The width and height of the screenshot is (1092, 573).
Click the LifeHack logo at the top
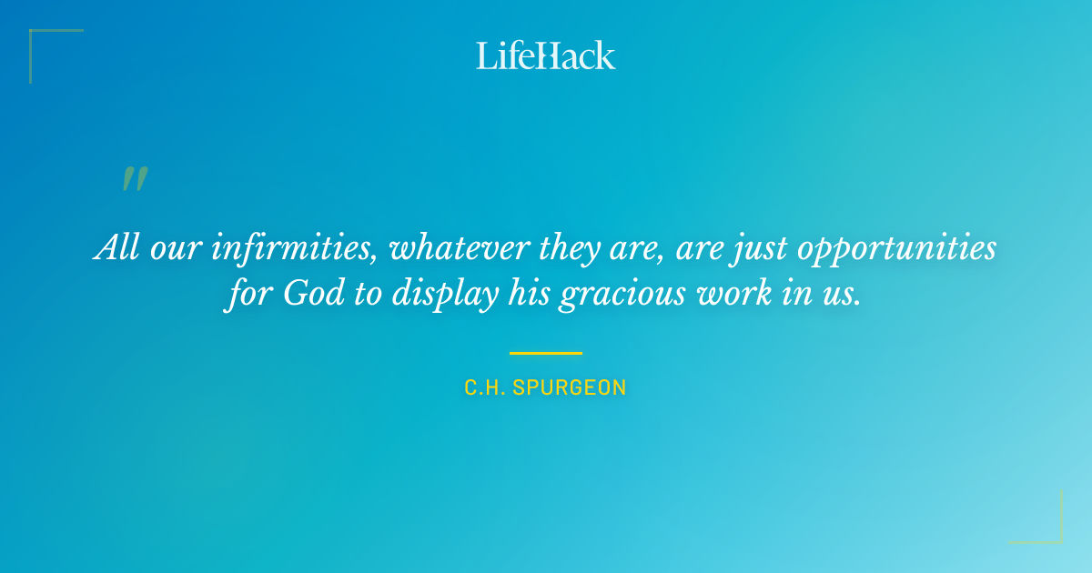tap(546, 55)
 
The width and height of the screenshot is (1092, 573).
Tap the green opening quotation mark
tap(134, 179)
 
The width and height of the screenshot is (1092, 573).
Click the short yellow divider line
tap(545, 353)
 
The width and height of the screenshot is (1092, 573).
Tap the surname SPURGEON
tap(570, 387)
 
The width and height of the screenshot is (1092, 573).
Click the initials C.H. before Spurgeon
tap(485, 387)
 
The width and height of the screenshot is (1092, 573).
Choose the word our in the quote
tap(174, 248)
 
